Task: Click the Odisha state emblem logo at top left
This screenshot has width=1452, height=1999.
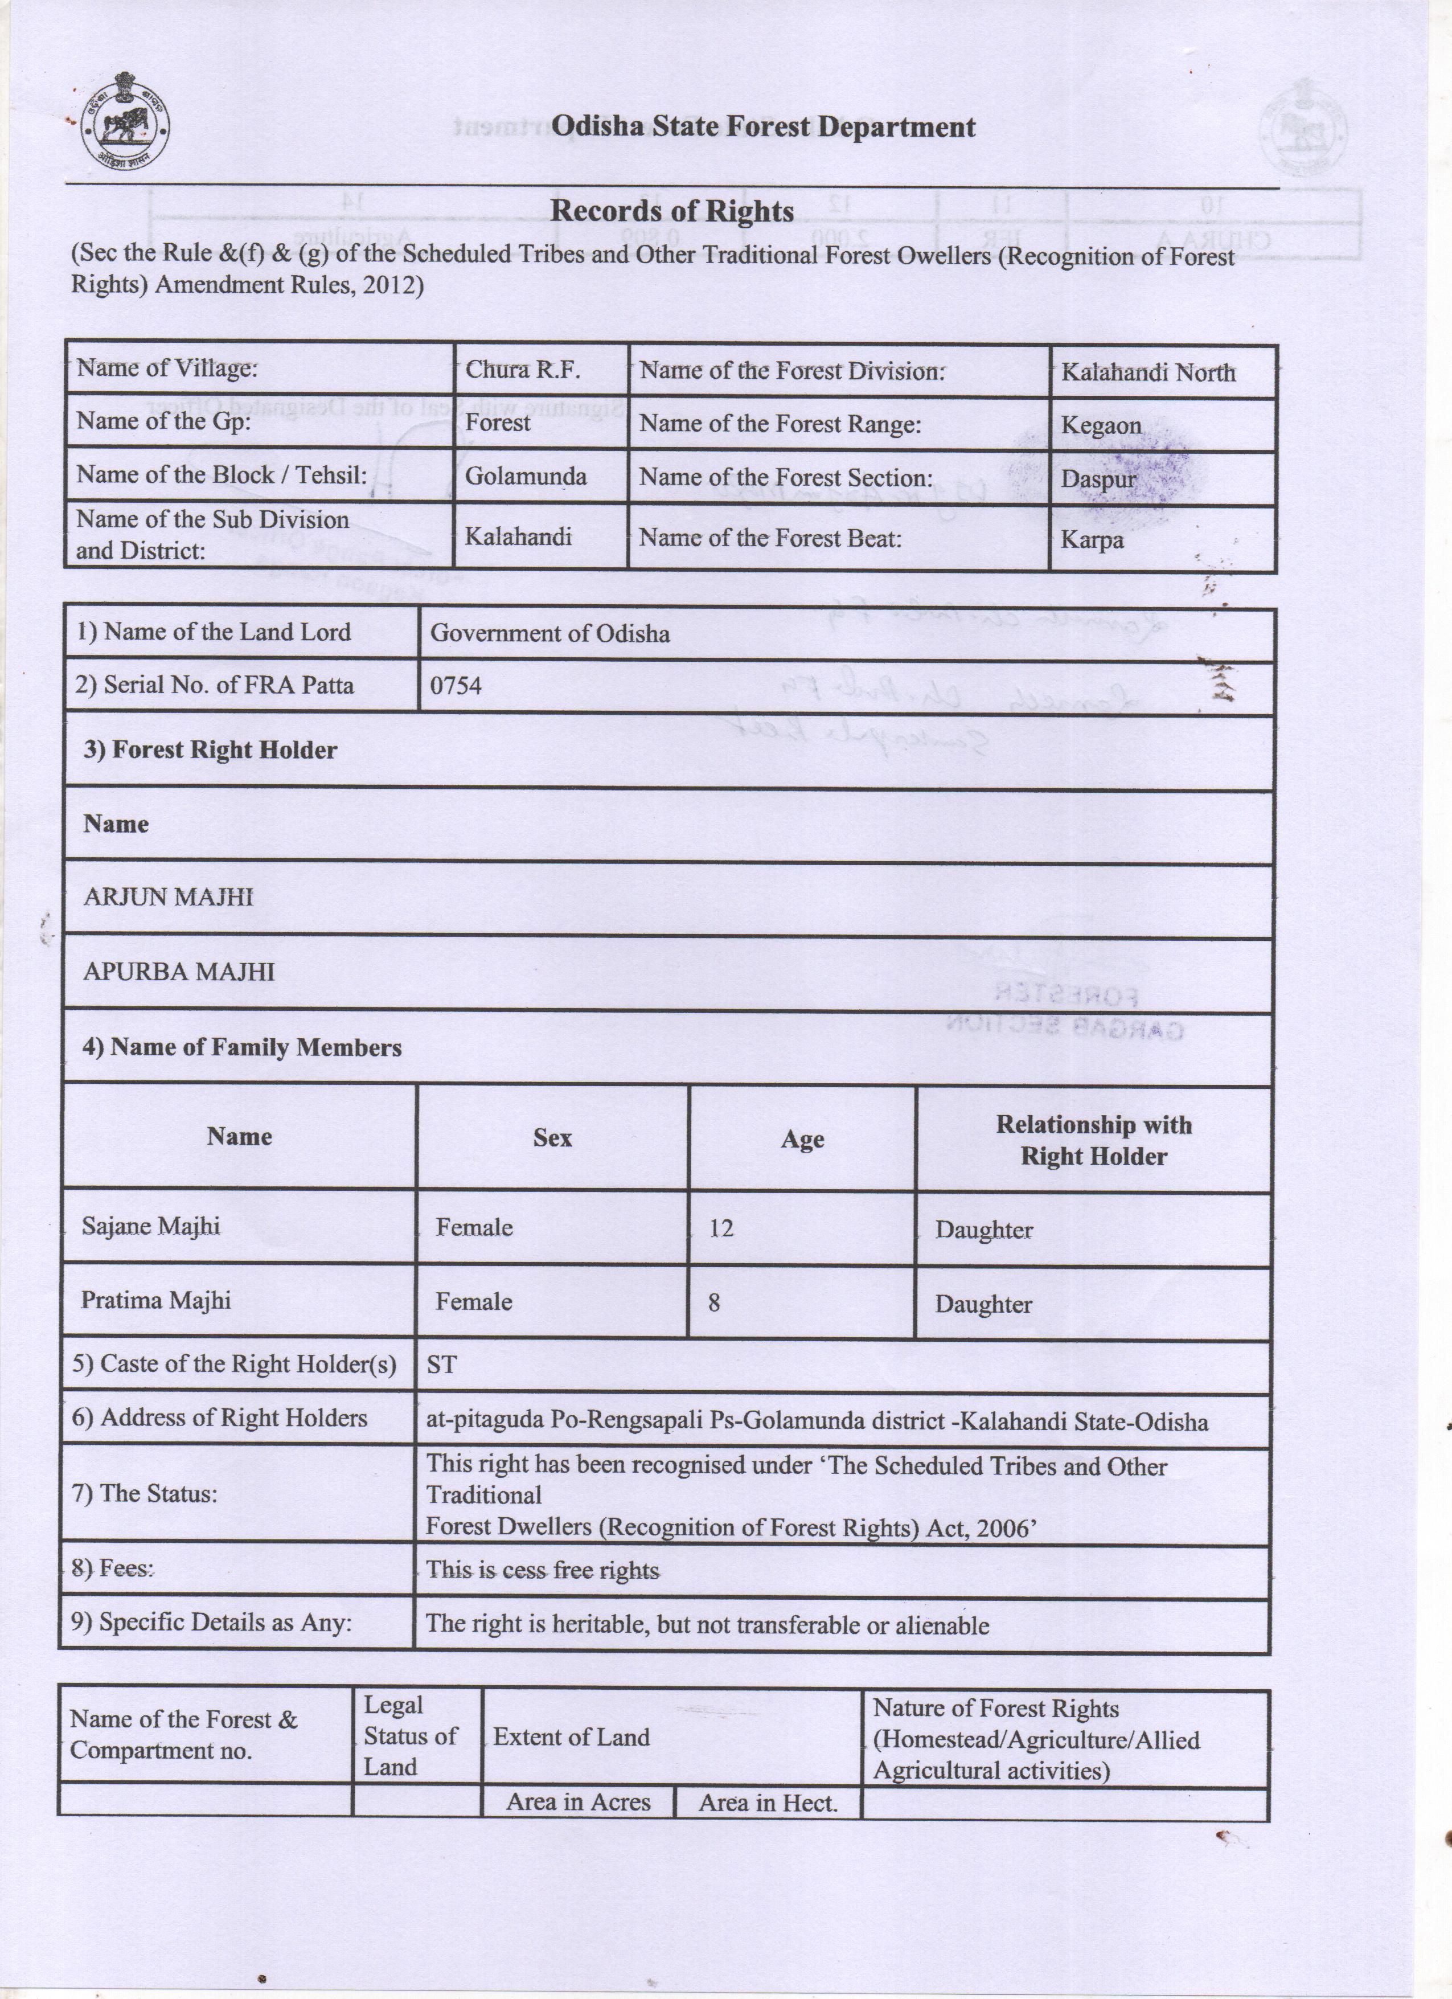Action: tap(125, 128)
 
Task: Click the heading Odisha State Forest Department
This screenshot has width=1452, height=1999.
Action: tap(763, 127)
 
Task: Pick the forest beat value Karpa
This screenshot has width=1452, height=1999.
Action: tap(1092, 539)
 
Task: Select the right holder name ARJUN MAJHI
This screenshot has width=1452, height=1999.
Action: tap(169, 897)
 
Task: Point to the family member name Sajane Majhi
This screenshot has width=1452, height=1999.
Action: tap(151, 1226)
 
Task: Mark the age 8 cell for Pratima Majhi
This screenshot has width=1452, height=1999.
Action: tap(713, 1302)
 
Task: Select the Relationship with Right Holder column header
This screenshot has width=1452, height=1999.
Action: tap(1093, 1141)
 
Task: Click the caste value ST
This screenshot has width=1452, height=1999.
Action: tap(441, 1365)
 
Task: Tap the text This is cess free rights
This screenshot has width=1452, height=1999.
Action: tap(542, 1570)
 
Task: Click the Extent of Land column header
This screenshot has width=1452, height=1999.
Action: tap(571, 1736)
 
